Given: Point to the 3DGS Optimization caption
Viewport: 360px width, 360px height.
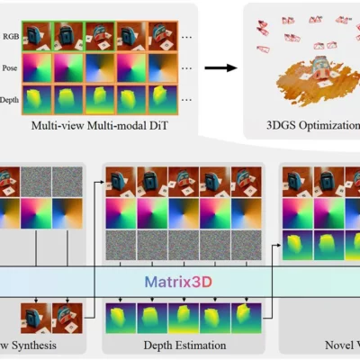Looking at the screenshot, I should point(306,126).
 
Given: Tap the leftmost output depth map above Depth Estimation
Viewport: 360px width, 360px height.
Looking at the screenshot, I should point(121,318).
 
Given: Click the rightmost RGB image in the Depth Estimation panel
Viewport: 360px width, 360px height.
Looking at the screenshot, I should point(245,181).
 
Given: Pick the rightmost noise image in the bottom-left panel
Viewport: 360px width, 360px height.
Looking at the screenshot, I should point(67,181).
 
